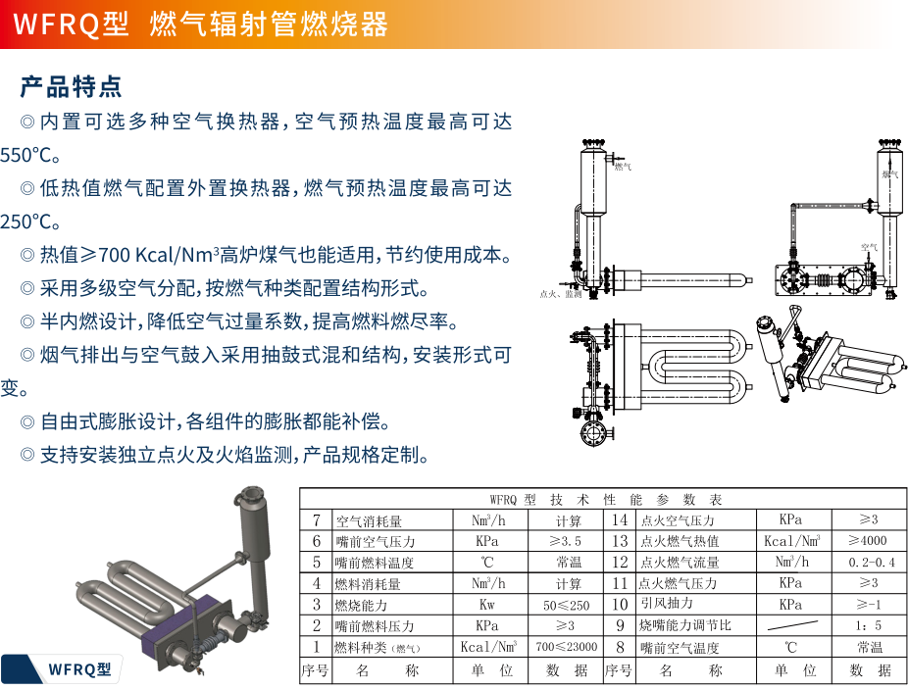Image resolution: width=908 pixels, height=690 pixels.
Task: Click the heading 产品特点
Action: (x=72, y=86)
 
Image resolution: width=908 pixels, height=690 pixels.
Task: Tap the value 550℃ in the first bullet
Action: (x=30, y=155)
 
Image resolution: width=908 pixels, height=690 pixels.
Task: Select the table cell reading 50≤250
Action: (x=567, y=606)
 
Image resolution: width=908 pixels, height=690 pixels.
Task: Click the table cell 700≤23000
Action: (x=567, y=647)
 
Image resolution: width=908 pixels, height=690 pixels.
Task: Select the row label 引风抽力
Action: (x=666, y=604)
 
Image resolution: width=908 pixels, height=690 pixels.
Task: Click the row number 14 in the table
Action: (x=620, y=520)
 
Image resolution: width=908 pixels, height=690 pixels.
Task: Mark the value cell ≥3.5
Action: (x=566, y=541)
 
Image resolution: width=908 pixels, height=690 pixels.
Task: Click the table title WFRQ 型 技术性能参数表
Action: (x=605, y=499)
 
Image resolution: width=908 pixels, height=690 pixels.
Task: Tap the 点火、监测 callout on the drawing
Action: (x=560, y=293)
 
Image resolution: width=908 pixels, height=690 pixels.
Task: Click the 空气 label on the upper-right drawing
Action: (x=869, y=247)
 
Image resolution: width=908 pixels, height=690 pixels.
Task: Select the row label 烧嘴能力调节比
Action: (x=685, y=626)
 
